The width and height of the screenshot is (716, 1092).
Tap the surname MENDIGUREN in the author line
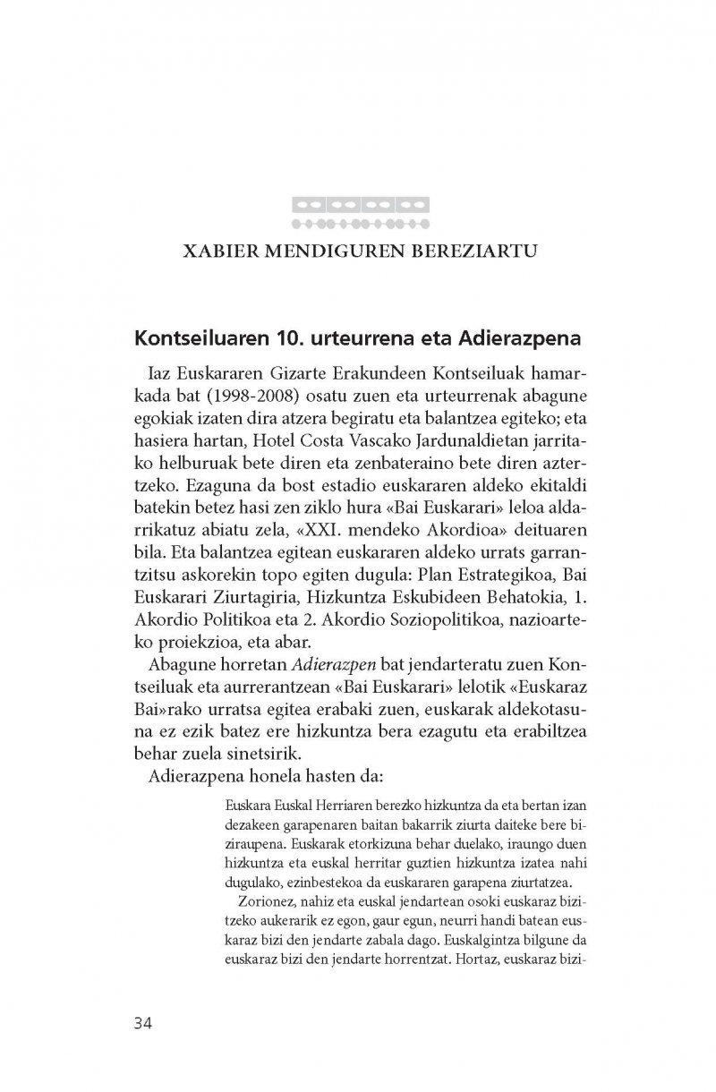tap(332, 251)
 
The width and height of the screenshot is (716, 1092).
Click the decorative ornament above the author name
tap(361, 212)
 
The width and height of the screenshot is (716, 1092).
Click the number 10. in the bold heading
tap(279, 340)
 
